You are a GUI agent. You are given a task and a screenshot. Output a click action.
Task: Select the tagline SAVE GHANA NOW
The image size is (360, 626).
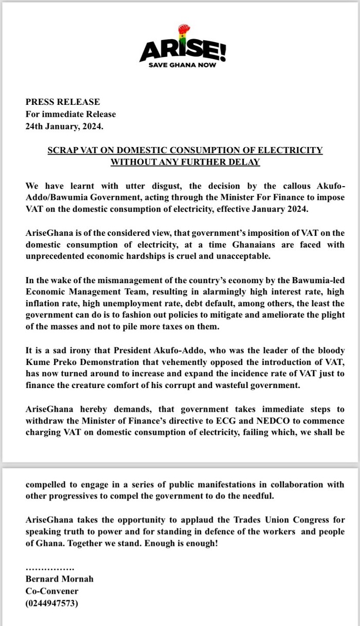click(x=183, y=65)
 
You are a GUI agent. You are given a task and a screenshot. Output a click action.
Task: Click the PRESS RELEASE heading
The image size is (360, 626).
click(x=63, y=102)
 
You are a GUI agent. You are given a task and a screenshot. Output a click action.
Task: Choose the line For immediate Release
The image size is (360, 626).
click(x=70, y=114)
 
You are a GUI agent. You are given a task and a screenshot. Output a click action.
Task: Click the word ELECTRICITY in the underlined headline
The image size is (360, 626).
click(x=292, y=150)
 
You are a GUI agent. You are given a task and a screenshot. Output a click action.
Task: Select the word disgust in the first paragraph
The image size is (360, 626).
click(x=139, y=186)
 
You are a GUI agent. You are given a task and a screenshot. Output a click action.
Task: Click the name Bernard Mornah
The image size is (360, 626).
click(x=60, y=579)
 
